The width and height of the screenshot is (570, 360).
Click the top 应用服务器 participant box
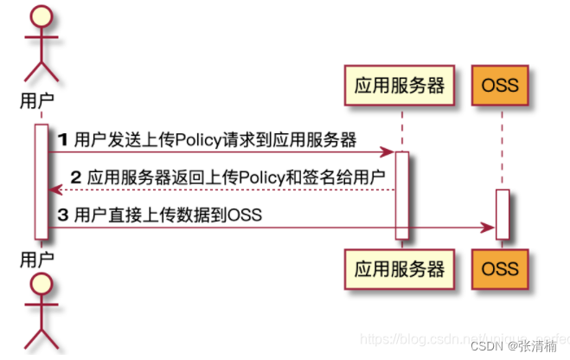(x=400, y=85)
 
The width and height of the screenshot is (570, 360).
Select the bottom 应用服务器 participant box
(x=400, y=268)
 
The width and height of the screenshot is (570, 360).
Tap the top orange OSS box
(x=500, y=85)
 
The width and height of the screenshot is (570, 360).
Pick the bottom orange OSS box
(x=500, y=268)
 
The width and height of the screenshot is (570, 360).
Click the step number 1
(x=62, y=138)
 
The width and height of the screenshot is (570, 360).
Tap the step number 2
(x=75, y=177)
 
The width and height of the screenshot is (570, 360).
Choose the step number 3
(x=62, y=214)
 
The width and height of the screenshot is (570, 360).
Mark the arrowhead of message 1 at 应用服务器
(x=390, y=153)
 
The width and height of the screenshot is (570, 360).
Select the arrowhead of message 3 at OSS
(x=490, y=228)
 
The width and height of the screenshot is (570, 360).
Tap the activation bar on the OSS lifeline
(x=502, y=214)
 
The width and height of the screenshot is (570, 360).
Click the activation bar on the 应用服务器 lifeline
(x=401, y=195)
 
